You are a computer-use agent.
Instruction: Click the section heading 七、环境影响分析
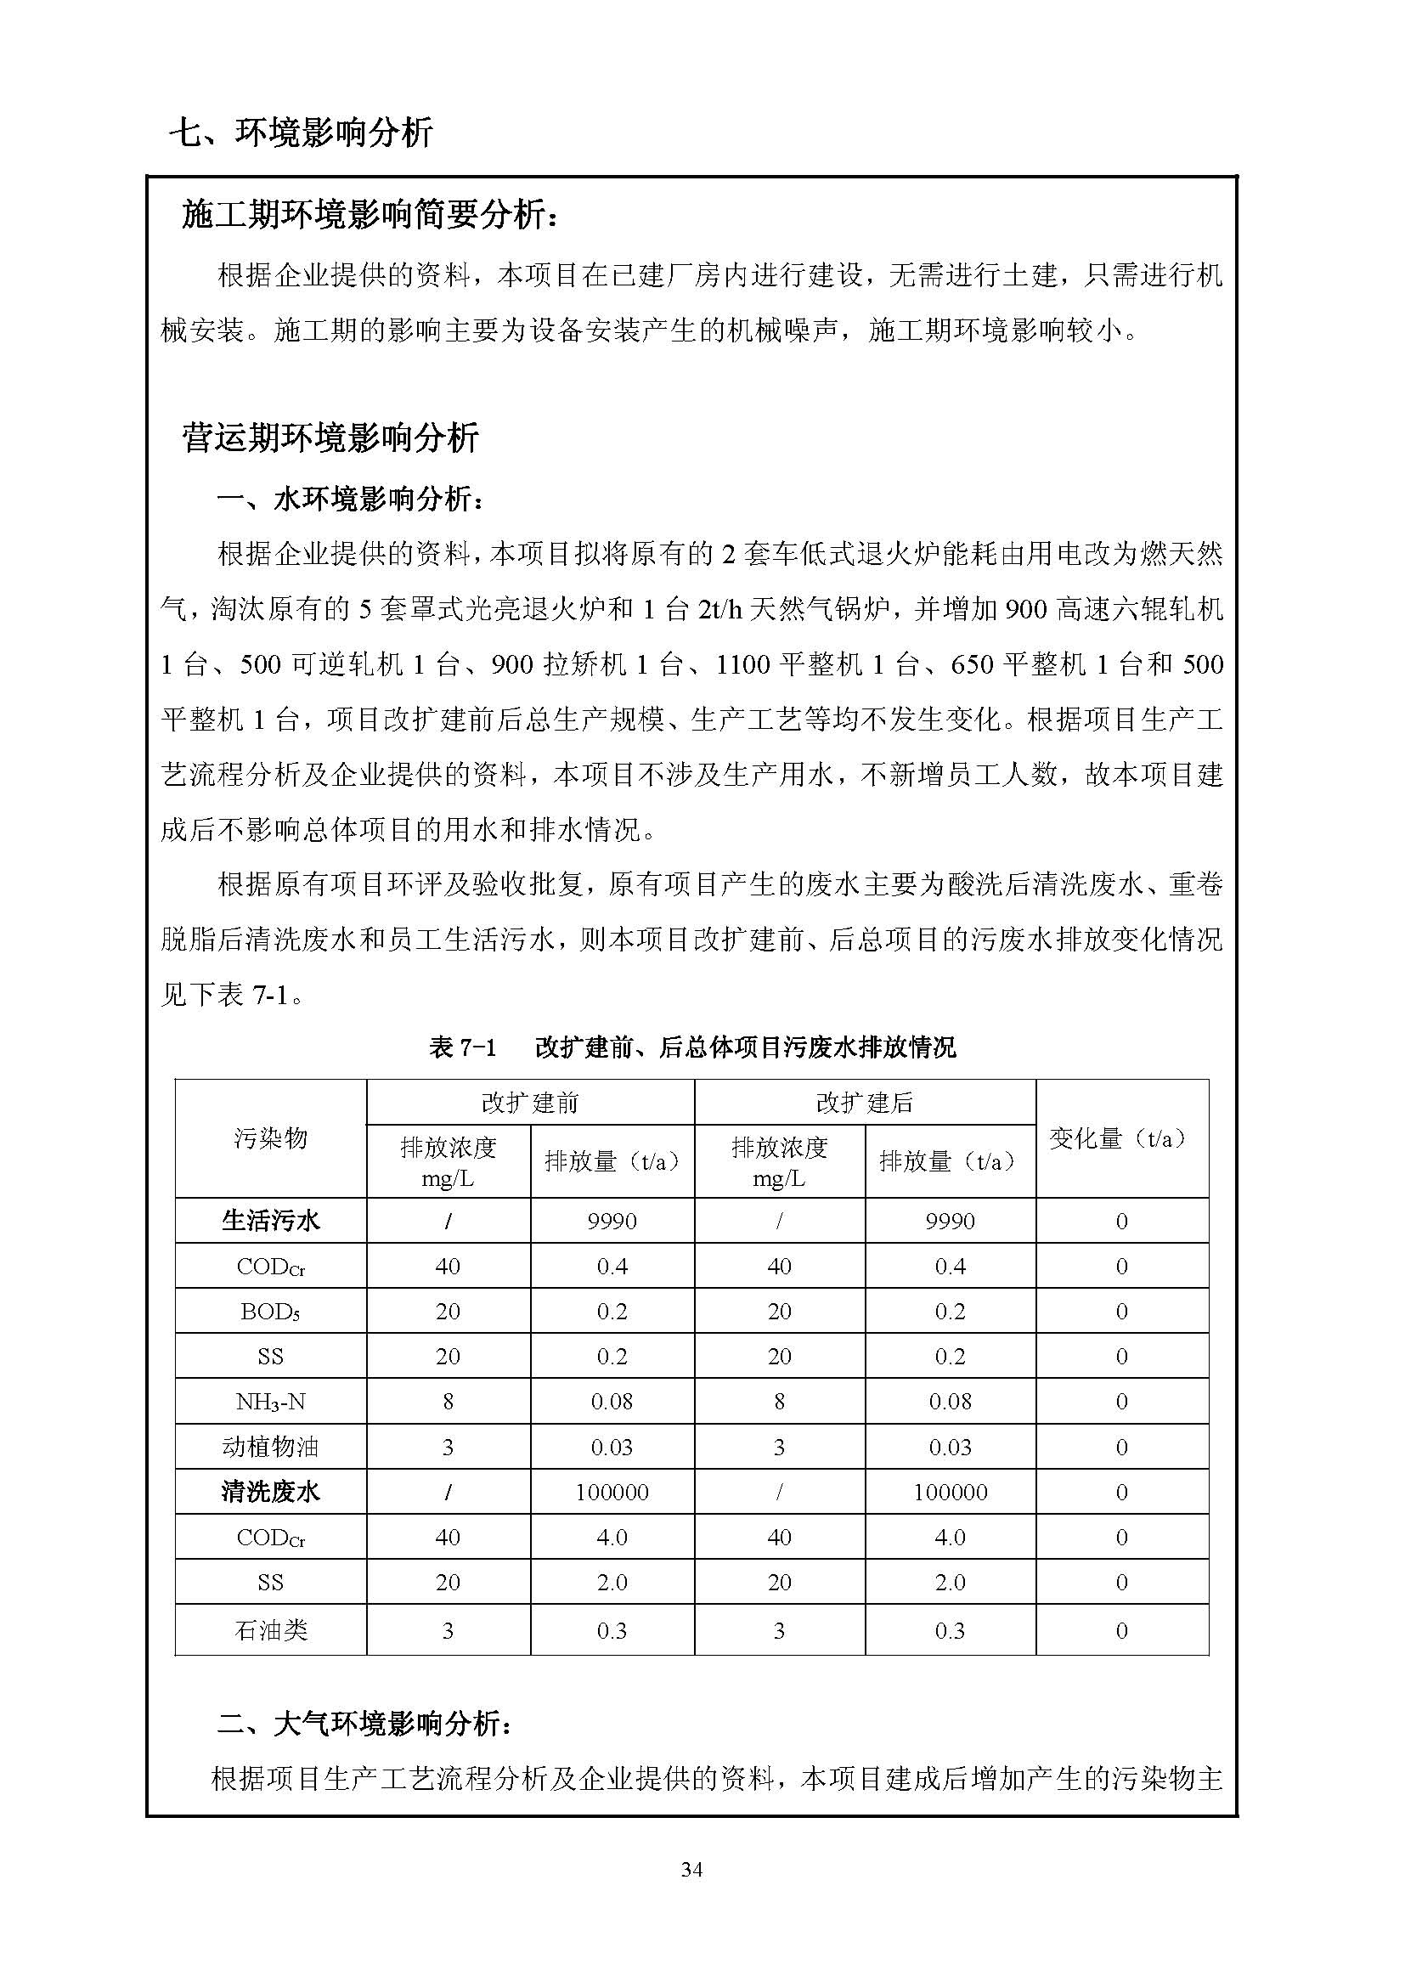(x=300, y=133)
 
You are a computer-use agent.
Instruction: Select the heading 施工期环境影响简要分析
(x=370, y=215)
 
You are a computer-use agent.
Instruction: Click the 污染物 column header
(x=270, y=1138)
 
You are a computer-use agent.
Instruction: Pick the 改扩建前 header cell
(x=529, y=1102)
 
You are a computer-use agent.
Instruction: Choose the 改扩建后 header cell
(x=864, y=1102)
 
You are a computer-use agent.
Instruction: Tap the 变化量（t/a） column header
(x=1121, y=1138)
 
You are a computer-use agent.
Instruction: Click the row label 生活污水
(x=270, y=1220)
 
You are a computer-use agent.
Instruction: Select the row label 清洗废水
(x=270, y=1491)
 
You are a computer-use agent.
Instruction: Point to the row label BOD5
(x=270, y=1311)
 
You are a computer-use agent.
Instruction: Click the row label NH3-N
(x=270, y=1401)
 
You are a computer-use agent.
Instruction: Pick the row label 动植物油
(x=270, y=1446)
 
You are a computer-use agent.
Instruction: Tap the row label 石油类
(x=270, y=1630)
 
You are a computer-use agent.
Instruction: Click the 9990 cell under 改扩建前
(x=612, y=1221)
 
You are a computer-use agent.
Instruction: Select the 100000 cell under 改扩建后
(x=950, y=1492)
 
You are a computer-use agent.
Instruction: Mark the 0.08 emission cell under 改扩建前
(x=612, y=1401)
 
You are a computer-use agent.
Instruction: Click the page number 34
(x=691, y=1869)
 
